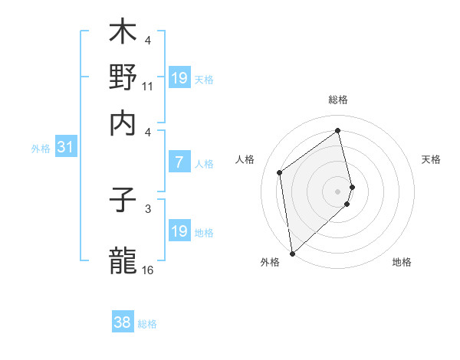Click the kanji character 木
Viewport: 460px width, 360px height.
point(123,33)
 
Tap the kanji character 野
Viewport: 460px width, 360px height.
point(123,77)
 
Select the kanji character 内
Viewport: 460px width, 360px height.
point(123,123)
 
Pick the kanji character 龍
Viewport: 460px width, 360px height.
point(123,259)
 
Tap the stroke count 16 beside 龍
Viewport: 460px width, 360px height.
point(147,270)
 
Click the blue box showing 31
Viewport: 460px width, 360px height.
point(64,148)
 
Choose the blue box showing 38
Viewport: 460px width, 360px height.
point(123,322)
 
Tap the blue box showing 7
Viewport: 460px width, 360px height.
point(179,162)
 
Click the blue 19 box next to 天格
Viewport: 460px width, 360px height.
point(179,78)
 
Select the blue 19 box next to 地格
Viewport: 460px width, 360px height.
point(179,231)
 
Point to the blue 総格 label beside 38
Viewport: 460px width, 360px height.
point(147,324)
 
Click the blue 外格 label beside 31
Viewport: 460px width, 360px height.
point(40,149)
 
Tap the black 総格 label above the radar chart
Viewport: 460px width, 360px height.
point(338,100)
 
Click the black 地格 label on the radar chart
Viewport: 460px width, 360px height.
point(402,262)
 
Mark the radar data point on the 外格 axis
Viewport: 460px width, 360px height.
point(292,254)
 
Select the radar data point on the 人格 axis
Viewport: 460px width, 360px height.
point(280,172)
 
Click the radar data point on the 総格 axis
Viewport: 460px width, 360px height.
point(338,130)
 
